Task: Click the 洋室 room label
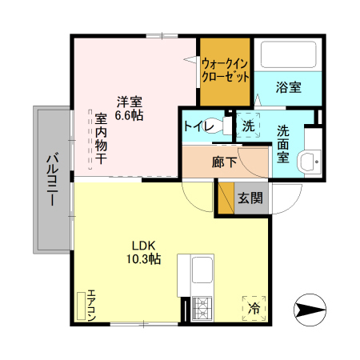129,102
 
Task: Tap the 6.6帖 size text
129,115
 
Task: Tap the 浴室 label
289,87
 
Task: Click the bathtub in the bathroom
289,54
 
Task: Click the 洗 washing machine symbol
248,126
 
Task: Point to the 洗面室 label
283,144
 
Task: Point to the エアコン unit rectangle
81,306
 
